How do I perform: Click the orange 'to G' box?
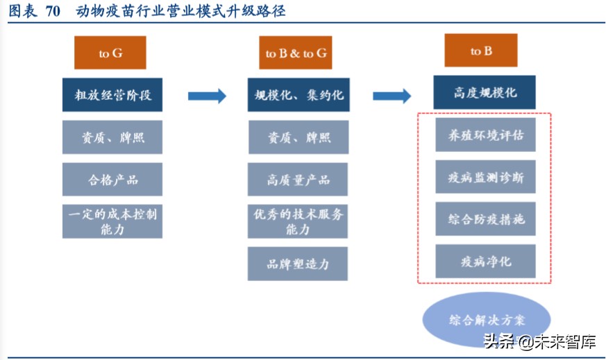tap(112, 53)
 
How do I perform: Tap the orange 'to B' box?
tap(481, 51)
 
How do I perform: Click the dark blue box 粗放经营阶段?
tap(112, 95)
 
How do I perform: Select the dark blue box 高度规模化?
tap(485, 92)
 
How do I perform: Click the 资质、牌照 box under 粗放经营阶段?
tap(112, 137)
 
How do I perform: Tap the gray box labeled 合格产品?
tap(112, 179)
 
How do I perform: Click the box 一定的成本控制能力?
tap(112, 221)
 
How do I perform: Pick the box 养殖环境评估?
tap(485, 135)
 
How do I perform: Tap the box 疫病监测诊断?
tap(485, 177)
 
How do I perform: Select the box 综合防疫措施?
tap(485, 218)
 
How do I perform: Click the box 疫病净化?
tap(485, 261)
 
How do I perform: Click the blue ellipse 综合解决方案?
tap(486, 320)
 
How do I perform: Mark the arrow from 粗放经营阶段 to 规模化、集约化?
tap(207, 96)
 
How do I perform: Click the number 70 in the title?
tap(53, 12)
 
